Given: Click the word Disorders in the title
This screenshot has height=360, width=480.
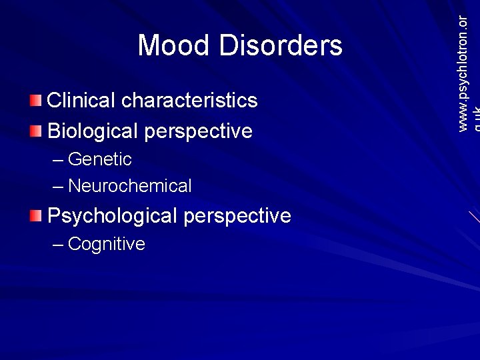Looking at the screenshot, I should [x=281, y=46].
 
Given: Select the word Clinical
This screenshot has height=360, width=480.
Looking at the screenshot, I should [x=82, y=101].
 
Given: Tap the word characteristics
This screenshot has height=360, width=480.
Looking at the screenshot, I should [x=190, y=101].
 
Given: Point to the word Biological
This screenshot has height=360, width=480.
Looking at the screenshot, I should [x=93, y=131].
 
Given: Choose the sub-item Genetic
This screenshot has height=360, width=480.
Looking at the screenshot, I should [x=100, y=159].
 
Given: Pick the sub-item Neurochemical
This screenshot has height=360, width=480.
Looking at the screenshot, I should [x=129, y=186].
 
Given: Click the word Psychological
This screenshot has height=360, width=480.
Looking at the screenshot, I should [x=112, y=216].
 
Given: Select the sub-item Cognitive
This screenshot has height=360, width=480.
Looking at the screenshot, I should [x=107, y=244].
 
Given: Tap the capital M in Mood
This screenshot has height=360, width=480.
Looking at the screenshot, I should [x=149, y=46].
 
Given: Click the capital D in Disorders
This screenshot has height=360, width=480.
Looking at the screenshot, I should [x=228, y=46].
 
